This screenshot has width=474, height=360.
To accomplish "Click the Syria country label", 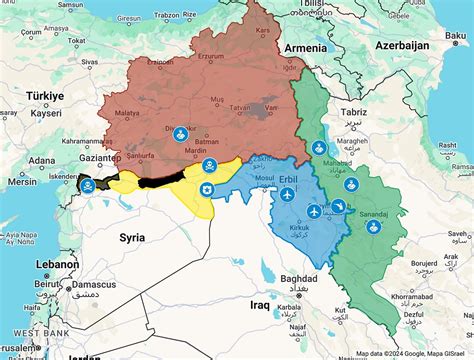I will tap(132, 237).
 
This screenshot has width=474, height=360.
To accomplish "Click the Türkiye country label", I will tap(44, 95).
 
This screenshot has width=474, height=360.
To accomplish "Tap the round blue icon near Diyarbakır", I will tap(180, 133).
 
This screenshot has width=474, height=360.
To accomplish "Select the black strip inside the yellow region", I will tap(165, 179).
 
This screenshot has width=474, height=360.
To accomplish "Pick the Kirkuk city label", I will tap(290, 230).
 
